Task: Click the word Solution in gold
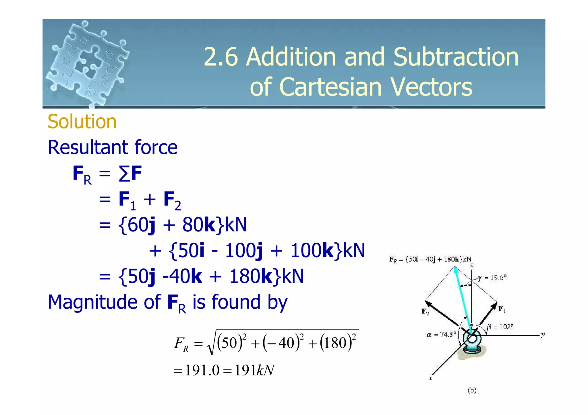pyautogui.click(x=82, y=122)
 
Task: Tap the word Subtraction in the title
pyautogui.click(x=456, y=57)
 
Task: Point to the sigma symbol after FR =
pyautogui.click(x=124, y=174)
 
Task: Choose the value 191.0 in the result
pyautogui.click(x=202, y=370)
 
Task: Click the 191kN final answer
pyautogui.click(x=254, y=370)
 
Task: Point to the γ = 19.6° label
pyautogui.click(x=492, y=278)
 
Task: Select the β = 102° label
pyautogui.click(x=500, y=327)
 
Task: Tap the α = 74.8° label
pyautogui.click(x=441, y=334)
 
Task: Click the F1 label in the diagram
pyautogui.click(x=502, y=309)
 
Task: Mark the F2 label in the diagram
pyautogui.click(x=425, y=311)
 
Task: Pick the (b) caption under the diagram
pyautogui.click(x=472, y=390)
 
